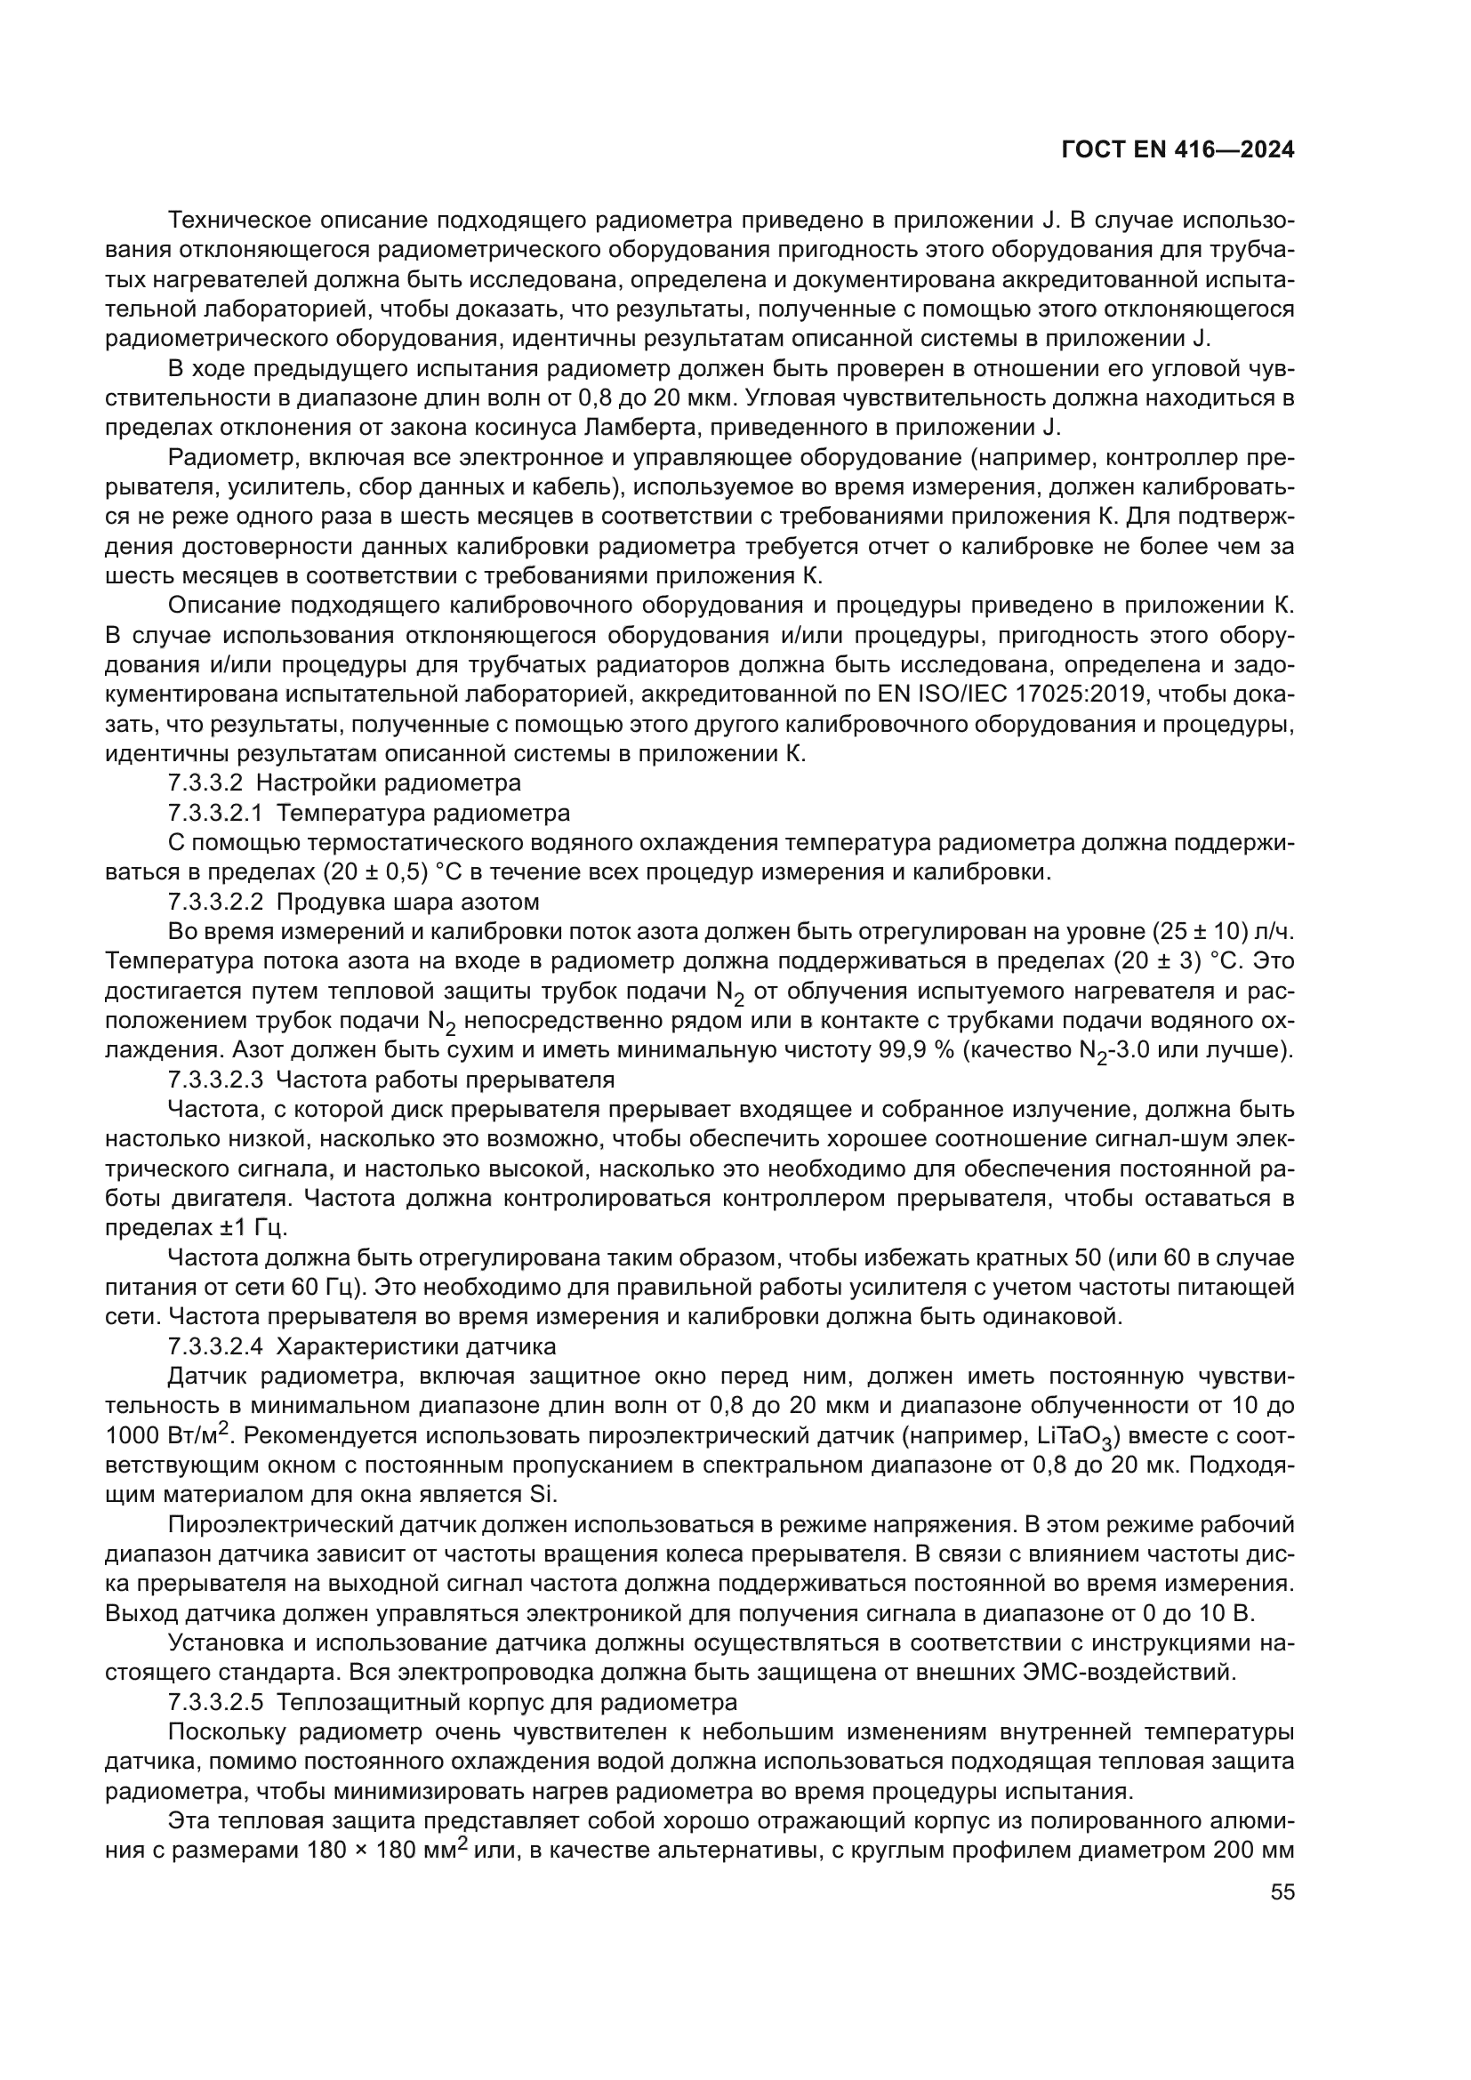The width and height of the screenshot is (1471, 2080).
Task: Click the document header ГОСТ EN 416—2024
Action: [x=1177, y=150]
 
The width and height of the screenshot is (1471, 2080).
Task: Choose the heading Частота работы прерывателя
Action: [x=445, y=1080]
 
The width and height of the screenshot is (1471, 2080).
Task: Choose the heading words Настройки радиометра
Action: [x=398, y=783]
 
